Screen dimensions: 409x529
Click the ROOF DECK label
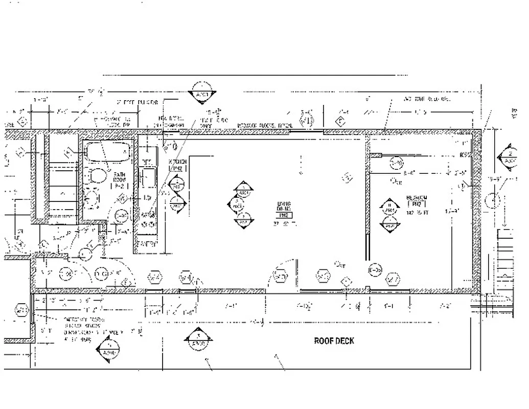(334, 341)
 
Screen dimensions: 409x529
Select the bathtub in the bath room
(107, 152)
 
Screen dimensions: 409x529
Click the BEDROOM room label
(417, 200)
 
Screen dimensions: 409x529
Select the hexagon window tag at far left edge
(21, 310)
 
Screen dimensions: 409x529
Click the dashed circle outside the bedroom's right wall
(492, 200)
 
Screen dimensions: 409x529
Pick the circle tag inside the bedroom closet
(397, 163)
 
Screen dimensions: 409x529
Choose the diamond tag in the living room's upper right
(347, 177)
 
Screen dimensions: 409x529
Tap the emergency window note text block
(85, 329)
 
